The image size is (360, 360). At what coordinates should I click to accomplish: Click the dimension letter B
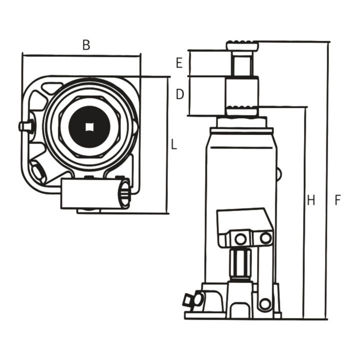(86, 45)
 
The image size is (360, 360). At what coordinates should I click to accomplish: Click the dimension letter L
(174, 145)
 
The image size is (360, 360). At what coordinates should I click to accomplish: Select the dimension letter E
(179, 63)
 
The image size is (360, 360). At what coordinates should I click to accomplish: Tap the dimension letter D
(180, 94)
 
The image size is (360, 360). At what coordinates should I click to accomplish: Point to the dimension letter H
(311, 200)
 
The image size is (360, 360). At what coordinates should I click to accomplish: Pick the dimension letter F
(337, 200)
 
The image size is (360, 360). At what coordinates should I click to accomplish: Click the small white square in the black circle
(89, 127)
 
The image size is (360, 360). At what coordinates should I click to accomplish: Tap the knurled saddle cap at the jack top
(242, 45)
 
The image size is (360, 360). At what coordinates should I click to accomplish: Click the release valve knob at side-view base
(193, 299)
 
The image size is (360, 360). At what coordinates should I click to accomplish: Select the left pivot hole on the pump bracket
(240, 239)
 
